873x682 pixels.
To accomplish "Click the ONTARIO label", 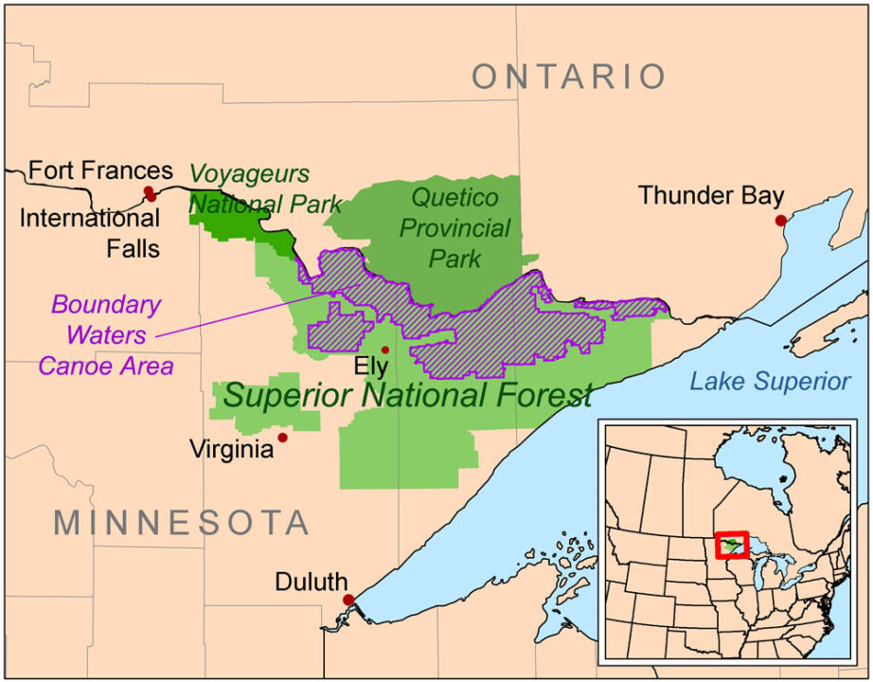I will [x=569, y=77].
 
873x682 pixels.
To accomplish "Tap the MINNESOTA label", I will [x=182, y=522].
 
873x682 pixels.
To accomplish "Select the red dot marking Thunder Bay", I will [x=780, y=221].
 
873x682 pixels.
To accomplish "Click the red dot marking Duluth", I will [x=348, y=600].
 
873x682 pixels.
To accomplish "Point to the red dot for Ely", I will [x=384, y=350].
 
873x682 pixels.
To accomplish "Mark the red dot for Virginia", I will [x=282, y=438].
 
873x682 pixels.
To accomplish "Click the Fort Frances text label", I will [x=100, y=170].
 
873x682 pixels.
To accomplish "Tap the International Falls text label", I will [x=90, y=234].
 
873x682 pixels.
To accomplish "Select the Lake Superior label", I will [x=769, y=382].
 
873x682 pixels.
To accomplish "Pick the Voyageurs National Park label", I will [x=252, y=188].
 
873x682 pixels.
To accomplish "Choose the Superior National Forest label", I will [x=407, y=395].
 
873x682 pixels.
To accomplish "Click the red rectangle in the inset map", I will [x=732, y=546].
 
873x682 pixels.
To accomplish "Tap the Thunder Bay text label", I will [x=710, y=195].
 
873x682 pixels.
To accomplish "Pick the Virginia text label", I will [x=232, y=448].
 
